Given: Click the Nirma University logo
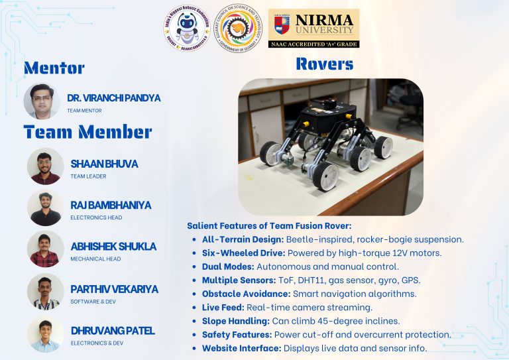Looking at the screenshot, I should point(313,28).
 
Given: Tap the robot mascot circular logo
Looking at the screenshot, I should point(188,29).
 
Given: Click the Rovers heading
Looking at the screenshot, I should point(324,64).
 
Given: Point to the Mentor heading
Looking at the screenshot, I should point(54,68).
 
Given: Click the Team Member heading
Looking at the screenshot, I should point(88,131).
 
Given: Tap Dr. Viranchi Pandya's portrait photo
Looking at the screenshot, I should point(42,101).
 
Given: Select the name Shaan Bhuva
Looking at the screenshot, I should point(104,164).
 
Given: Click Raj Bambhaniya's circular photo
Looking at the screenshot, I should point(46,208).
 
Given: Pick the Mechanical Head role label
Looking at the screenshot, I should point(95,259).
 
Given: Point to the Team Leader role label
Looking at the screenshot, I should point(88,176).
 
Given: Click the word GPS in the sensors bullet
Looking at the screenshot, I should point(411,280).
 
